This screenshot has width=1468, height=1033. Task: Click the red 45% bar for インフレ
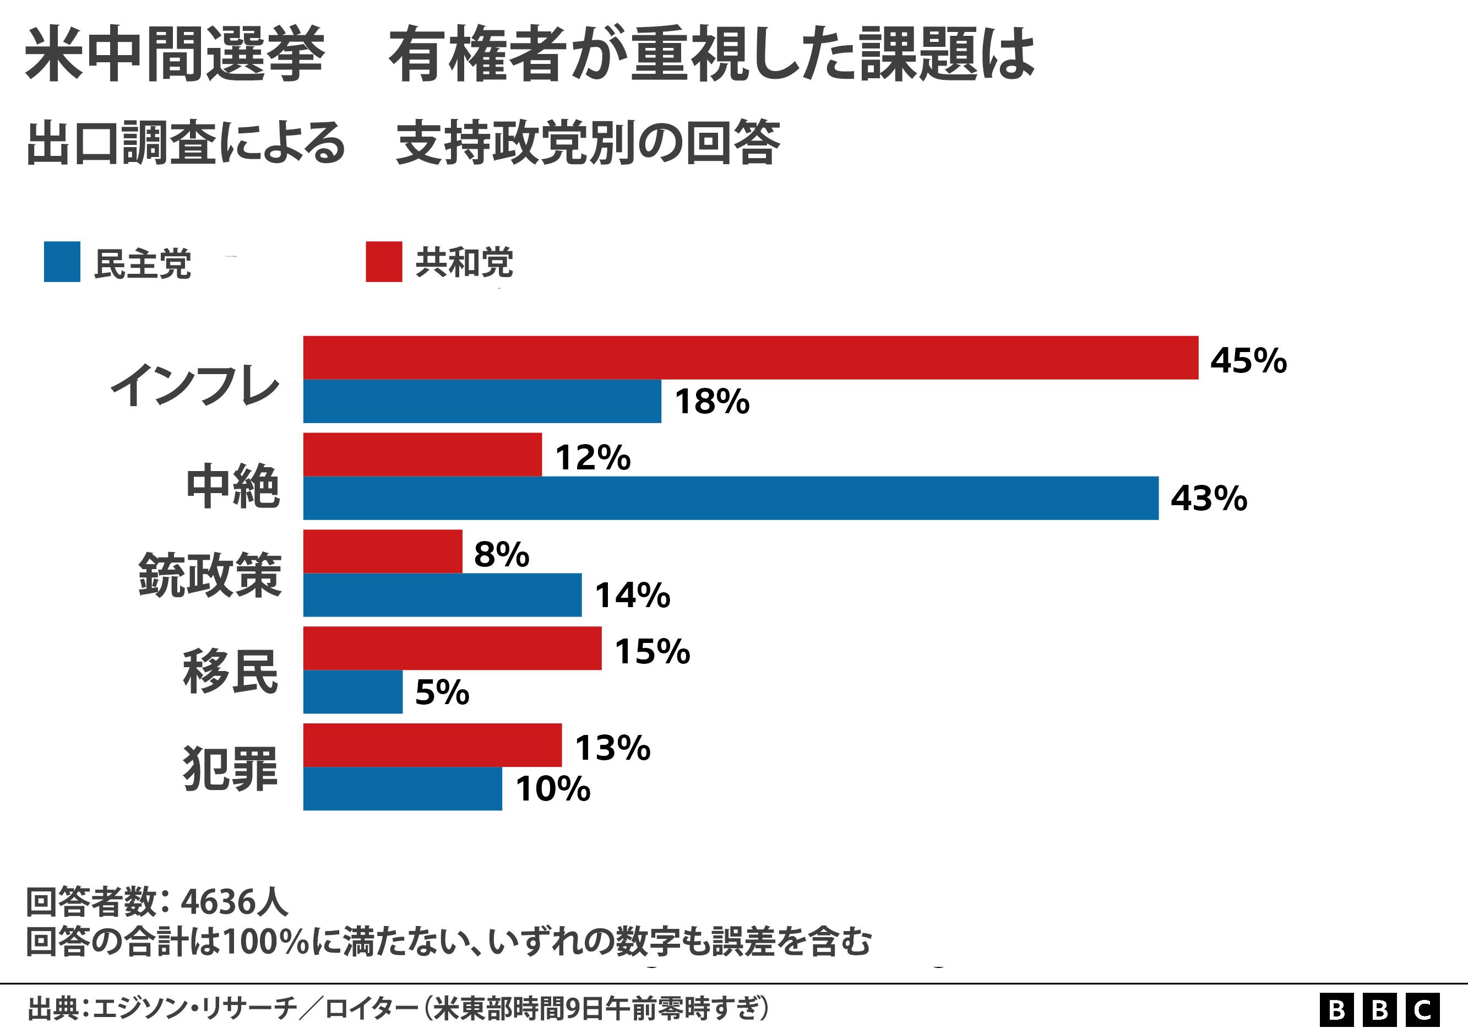pos(750,358)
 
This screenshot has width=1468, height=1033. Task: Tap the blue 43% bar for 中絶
pos(730,497)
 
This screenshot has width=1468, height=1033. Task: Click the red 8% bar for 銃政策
pos(382,551)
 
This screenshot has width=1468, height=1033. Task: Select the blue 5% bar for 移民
pos(352,691)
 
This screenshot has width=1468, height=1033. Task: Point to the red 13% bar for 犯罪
pos(432,745)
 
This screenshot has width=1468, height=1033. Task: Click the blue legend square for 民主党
pos(62,262)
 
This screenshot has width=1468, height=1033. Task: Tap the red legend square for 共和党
pos(384,262)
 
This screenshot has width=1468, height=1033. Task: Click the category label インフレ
pos(195,385)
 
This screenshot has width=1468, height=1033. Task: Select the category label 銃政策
pos(210,575)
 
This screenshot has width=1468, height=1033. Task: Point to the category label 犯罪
pos(230,768)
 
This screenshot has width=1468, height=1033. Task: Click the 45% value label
pos(1248,360)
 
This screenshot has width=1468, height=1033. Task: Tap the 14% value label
pos(632,596)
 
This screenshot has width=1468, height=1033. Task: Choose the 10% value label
pos(552,789)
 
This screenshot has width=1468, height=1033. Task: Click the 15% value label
pos(652,651)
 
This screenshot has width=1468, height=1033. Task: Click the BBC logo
pos(1379,1010)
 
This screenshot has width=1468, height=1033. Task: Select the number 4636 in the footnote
pos(218,902)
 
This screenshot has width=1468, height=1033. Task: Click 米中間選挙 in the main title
pos(175,55)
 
